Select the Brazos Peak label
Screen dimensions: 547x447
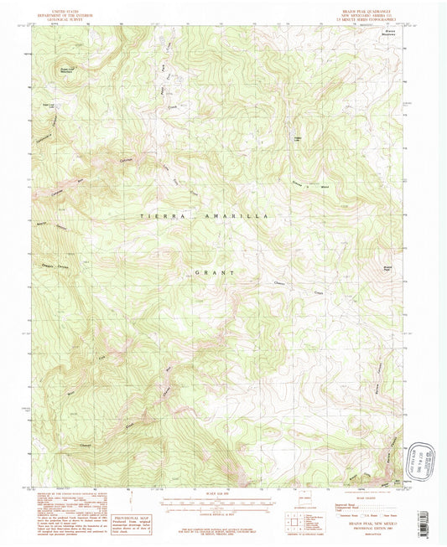(x=382, y=269)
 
